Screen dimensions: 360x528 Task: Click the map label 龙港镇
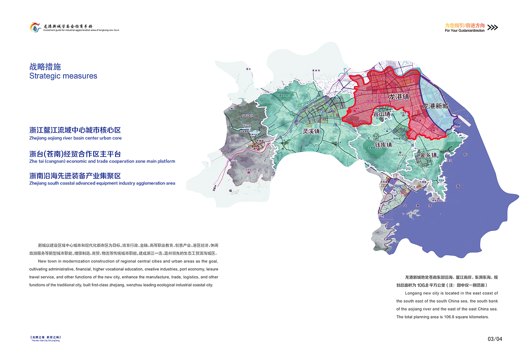tap(399, 97)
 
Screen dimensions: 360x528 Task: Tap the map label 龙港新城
tap(435, 106)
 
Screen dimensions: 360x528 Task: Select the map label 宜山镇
tap(382, 114)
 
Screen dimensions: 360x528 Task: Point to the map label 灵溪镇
tap(311, 131)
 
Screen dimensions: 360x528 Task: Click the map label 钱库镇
tap(383, 145)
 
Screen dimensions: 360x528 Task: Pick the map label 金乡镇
tap(428, 155)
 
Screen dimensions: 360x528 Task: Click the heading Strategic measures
tap(63, 76)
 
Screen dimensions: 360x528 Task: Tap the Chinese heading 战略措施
tap(45, 66)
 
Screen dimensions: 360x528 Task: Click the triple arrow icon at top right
tap(493, 28)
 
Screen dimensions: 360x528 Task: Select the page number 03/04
tap(495, 339)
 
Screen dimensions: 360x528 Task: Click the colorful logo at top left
tap(35, 28)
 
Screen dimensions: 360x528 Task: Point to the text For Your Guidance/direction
tap(464, 31)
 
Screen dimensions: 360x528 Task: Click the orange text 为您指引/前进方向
tap(464, 25)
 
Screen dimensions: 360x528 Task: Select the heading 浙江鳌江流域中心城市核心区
tap(75, 130)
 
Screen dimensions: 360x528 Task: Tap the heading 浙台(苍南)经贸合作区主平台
tap(75, 154)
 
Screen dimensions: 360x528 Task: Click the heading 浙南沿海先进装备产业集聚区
tap(75, 175)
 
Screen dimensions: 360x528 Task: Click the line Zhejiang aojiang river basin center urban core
tap(75, 138)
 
